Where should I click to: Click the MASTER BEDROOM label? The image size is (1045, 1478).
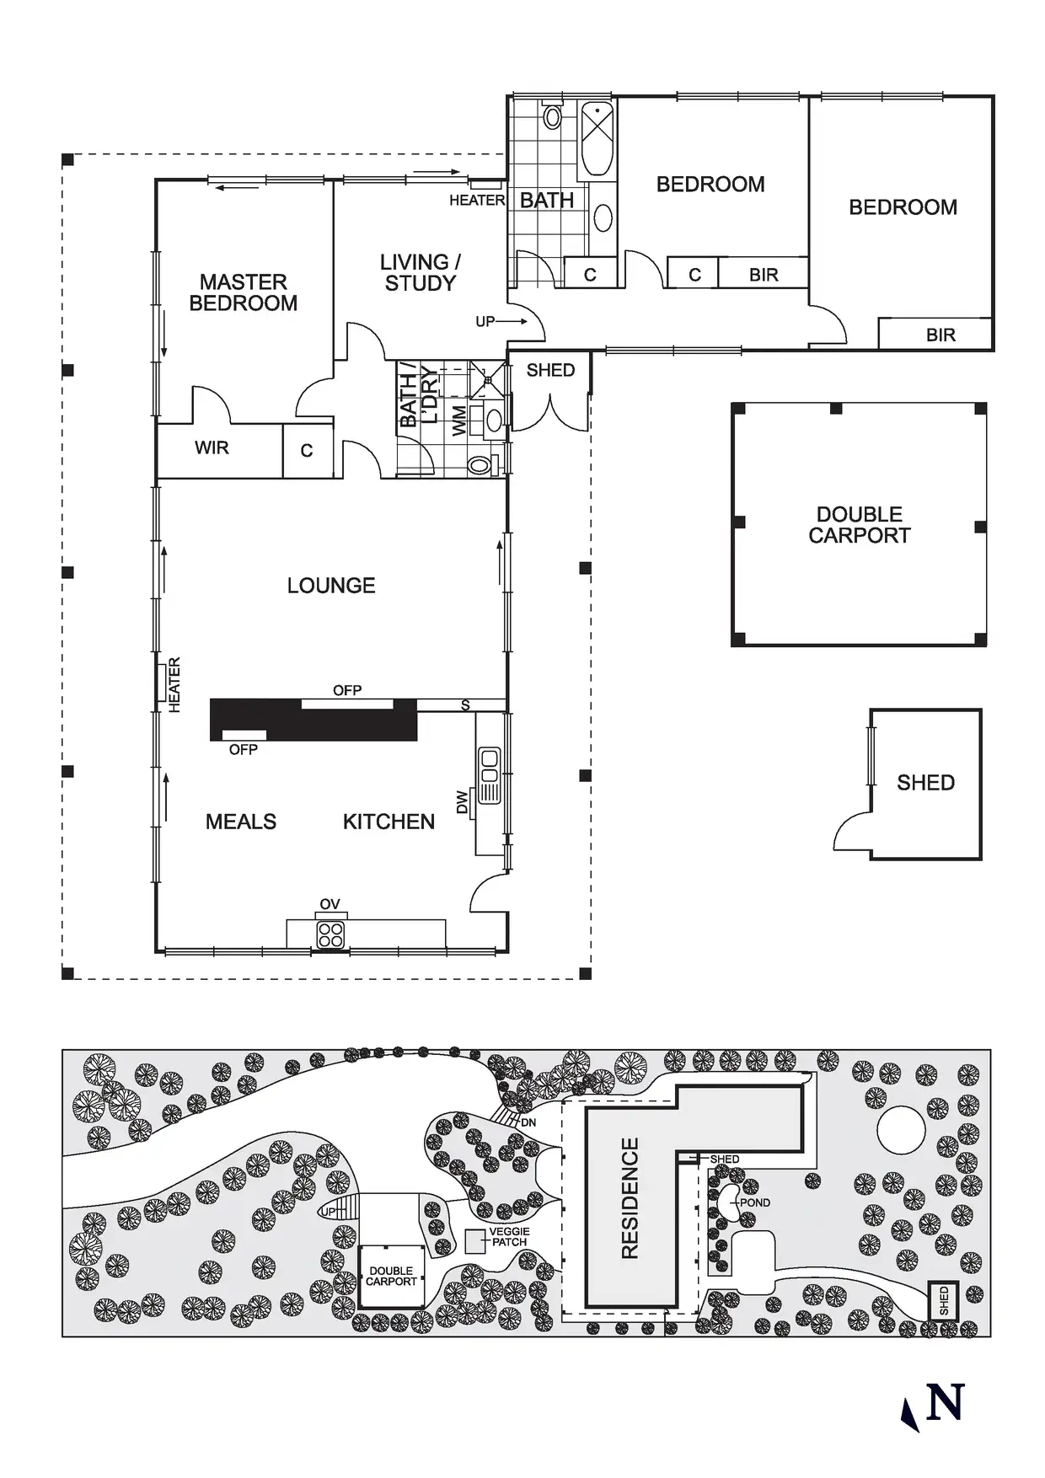[243, 292]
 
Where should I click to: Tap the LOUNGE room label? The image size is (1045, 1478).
[331, 586]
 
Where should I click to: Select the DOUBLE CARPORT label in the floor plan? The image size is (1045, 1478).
[859, 525]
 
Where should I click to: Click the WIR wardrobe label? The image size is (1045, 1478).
[212, 448]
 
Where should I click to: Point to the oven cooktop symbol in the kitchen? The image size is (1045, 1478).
[330, 934]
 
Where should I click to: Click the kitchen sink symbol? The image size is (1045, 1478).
[489, 774]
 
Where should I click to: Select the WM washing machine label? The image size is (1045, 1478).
[459, 420]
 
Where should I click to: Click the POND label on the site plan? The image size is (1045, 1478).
[755, 1202]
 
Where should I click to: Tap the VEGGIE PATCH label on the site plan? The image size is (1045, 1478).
[509, 1237]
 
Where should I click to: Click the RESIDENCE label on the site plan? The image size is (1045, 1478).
[630, 1197]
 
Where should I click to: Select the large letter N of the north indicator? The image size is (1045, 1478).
[945, 1403]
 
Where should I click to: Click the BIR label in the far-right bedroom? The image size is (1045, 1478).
[940, 335]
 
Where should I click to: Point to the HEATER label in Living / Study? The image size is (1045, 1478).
[476, 201]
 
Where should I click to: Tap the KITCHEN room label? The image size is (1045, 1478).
[389, 822]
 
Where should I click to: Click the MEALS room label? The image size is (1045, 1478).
[241, 822]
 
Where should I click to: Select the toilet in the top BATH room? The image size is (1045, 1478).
[552, 116]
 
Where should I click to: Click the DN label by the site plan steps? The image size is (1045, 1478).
[528, 1123]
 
